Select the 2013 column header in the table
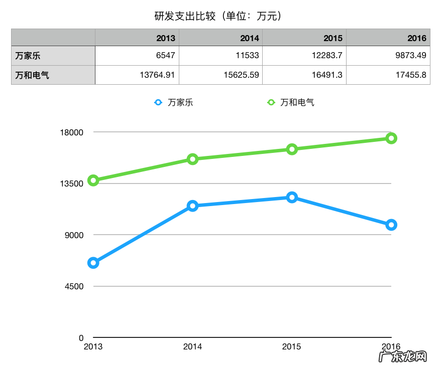point(165,38)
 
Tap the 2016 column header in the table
point(417,38)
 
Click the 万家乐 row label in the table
point(28,55)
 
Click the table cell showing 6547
point(165,55)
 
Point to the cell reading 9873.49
point(410,55)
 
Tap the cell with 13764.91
point(157,75)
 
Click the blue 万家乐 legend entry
point(174,102)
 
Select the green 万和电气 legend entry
point(291,102)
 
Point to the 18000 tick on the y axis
point(72,132)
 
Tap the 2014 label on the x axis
point(192,346)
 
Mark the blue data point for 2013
point(93,263)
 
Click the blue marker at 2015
point(292,197)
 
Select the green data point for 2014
point(192,159)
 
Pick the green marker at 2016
point(391,138)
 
